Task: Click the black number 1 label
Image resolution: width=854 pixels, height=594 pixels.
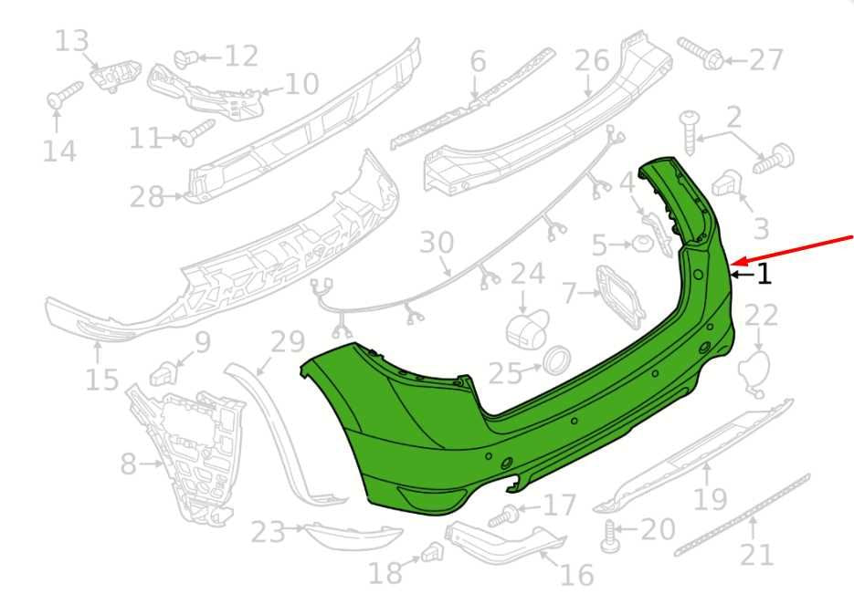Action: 764,274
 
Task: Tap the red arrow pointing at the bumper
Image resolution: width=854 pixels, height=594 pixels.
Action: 793,250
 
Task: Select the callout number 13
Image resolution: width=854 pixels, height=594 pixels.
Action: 71,41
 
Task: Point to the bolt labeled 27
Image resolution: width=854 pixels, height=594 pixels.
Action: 701,53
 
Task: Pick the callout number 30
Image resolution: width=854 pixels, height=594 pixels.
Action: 437,243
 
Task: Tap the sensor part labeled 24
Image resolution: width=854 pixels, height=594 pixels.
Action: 526,328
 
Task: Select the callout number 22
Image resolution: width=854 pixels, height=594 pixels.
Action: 761,316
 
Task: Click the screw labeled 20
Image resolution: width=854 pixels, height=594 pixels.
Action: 610,537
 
